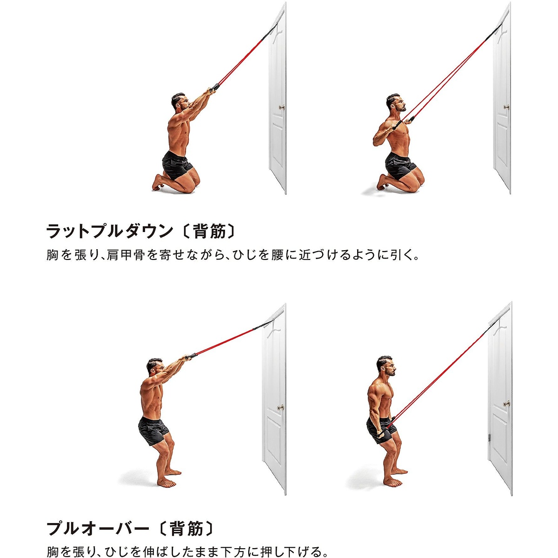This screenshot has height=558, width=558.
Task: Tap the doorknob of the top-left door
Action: click(x=281, y=108)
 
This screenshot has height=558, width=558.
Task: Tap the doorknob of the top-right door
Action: click(x=506, y=107)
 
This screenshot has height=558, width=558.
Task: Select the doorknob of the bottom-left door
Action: click(x=280, y=407)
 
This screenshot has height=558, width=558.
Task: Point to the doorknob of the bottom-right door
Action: click(x=506, y=404)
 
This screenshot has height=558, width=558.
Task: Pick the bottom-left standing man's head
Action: click(x=155, y=366)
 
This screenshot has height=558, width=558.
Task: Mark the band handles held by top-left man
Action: click(x=214, y=88)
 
